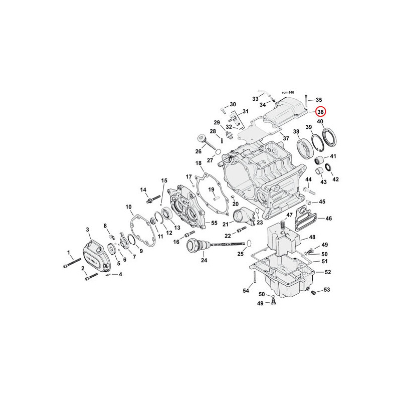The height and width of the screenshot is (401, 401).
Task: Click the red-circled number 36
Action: point(320,112)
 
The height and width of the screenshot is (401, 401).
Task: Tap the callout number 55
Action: point(214,223)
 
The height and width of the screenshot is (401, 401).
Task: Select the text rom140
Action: point(288,92)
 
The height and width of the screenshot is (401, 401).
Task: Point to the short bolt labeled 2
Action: point(91,277)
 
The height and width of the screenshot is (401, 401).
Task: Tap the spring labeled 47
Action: point(283,225)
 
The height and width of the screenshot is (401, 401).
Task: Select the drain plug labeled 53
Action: point(313,292)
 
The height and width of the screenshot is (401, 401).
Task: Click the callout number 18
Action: point(198,163)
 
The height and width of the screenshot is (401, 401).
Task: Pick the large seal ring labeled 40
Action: point(330,138)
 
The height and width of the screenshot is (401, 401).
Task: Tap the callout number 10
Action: point(128,207)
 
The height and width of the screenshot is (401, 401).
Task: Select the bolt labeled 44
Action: point(308,190)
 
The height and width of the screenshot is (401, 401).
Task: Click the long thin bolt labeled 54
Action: point(255,277)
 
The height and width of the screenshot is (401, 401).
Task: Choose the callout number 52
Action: point(328,272)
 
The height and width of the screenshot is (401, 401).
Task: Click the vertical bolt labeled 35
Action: point(306,101)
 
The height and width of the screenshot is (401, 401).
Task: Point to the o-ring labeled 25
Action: point(249,243)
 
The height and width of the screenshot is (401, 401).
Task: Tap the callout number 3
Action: point(87,230)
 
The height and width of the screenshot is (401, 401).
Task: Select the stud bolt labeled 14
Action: point(153,199)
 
